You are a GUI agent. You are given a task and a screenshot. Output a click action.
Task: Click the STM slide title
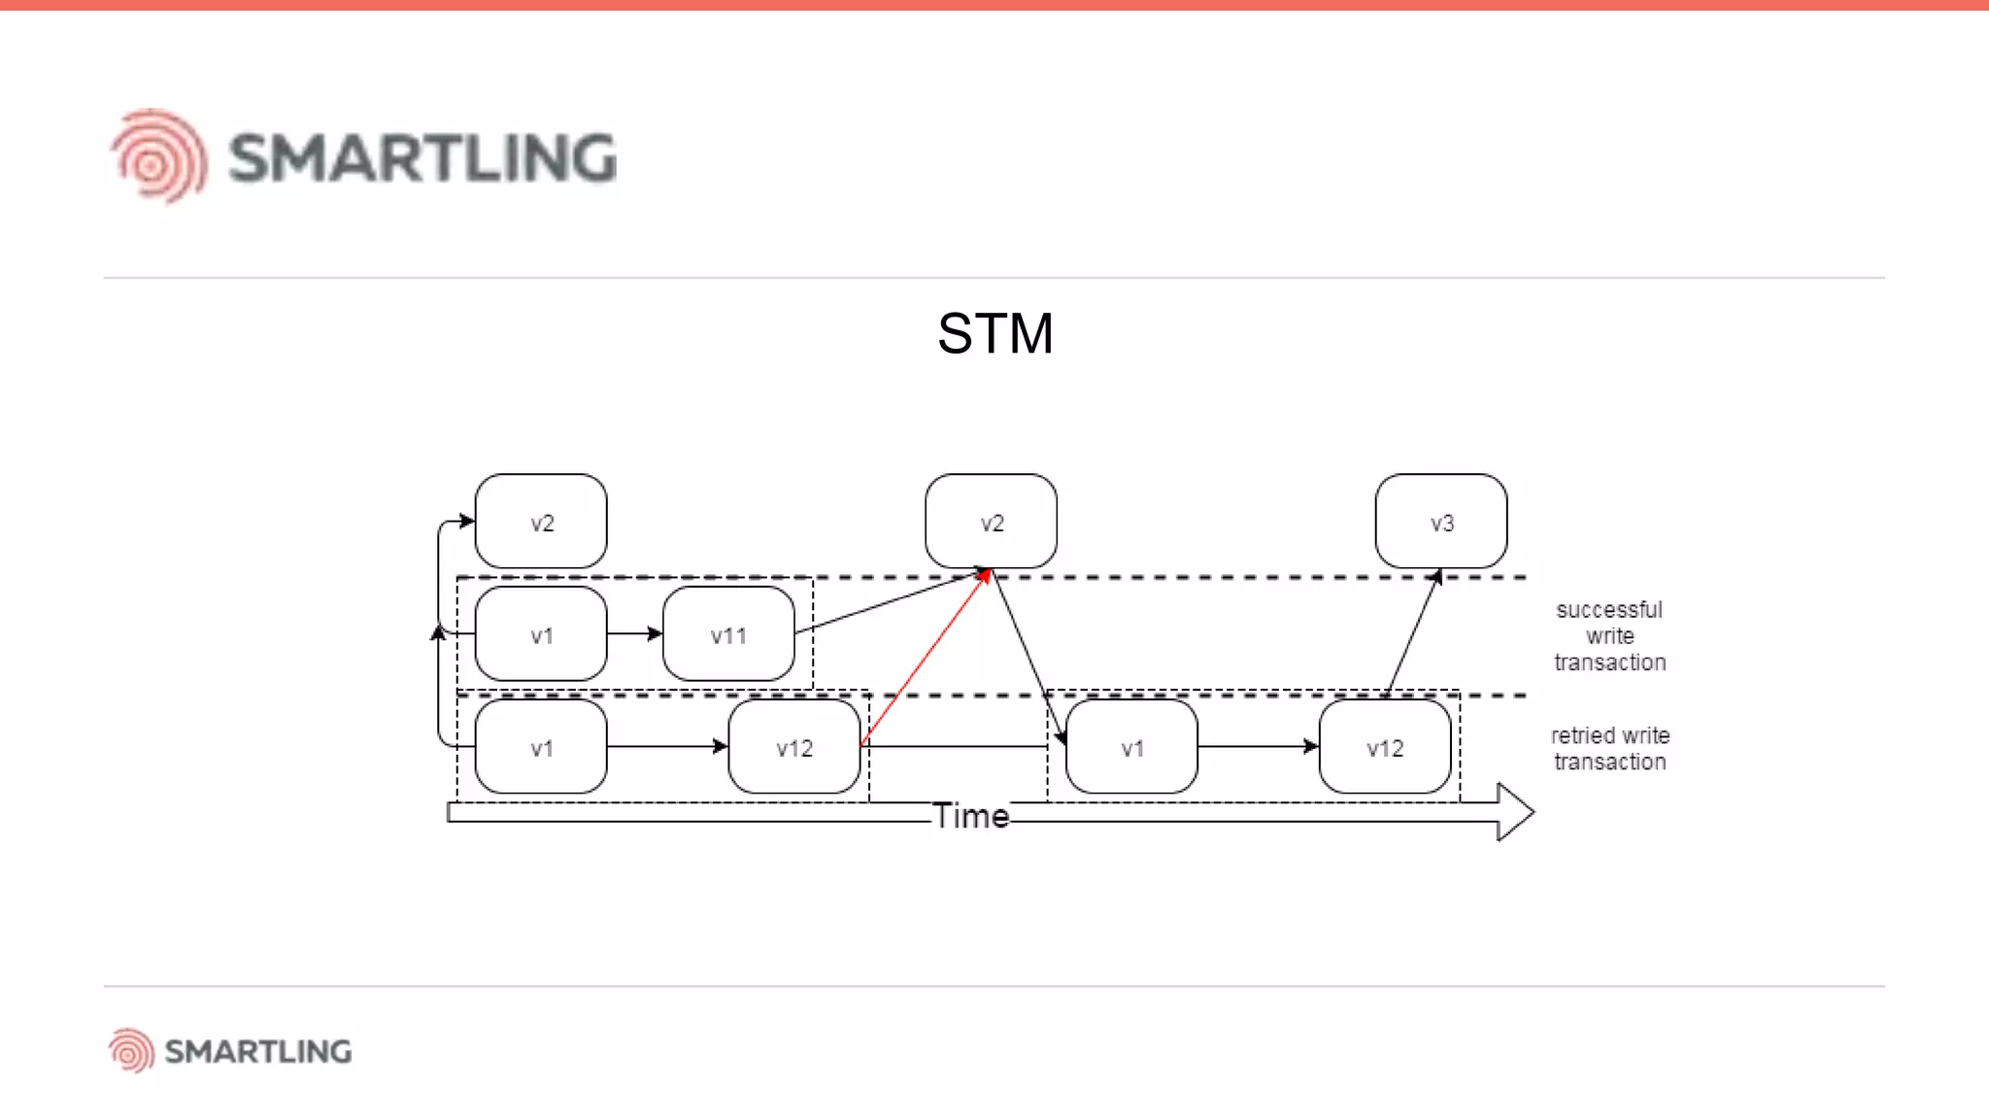(994, 334)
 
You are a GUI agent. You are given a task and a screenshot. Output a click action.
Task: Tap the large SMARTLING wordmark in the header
(422, 158)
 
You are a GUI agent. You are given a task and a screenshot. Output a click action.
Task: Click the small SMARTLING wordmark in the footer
(257, 1051)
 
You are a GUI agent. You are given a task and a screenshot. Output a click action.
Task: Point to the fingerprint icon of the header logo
(158, 156)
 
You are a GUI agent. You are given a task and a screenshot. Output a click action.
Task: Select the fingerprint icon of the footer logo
(131, 1050)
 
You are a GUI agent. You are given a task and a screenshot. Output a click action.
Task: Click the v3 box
(1441, 522)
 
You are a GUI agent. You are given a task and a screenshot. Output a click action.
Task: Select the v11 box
(728, 634)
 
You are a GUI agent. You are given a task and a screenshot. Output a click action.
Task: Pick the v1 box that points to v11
(541, 634)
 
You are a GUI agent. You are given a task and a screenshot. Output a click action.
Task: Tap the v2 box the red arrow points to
(991, 522)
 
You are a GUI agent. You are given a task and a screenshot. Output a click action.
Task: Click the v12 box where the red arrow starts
(793, 747)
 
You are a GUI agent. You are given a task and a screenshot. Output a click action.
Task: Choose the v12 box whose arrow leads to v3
(1384, 747)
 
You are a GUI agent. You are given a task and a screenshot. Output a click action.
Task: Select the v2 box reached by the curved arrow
(541, 522)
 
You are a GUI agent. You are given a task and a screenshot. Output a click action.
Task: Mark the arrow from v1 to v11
(634, 634)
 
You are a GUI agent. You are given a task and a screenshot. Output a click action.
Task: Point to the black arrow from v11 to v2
(889, 604)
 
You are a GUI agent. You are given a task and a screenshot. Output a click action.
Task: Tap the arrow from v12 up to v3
(1413, 633)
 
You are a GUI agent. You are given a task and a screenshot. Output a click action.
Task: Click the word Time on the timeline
(971, 816)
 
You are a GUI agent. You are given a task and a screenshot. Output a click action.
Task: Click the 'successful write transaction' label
(1609, 635)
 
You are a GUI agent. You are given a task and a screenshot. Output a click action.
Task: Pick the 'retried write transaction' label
(1609, 748)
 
